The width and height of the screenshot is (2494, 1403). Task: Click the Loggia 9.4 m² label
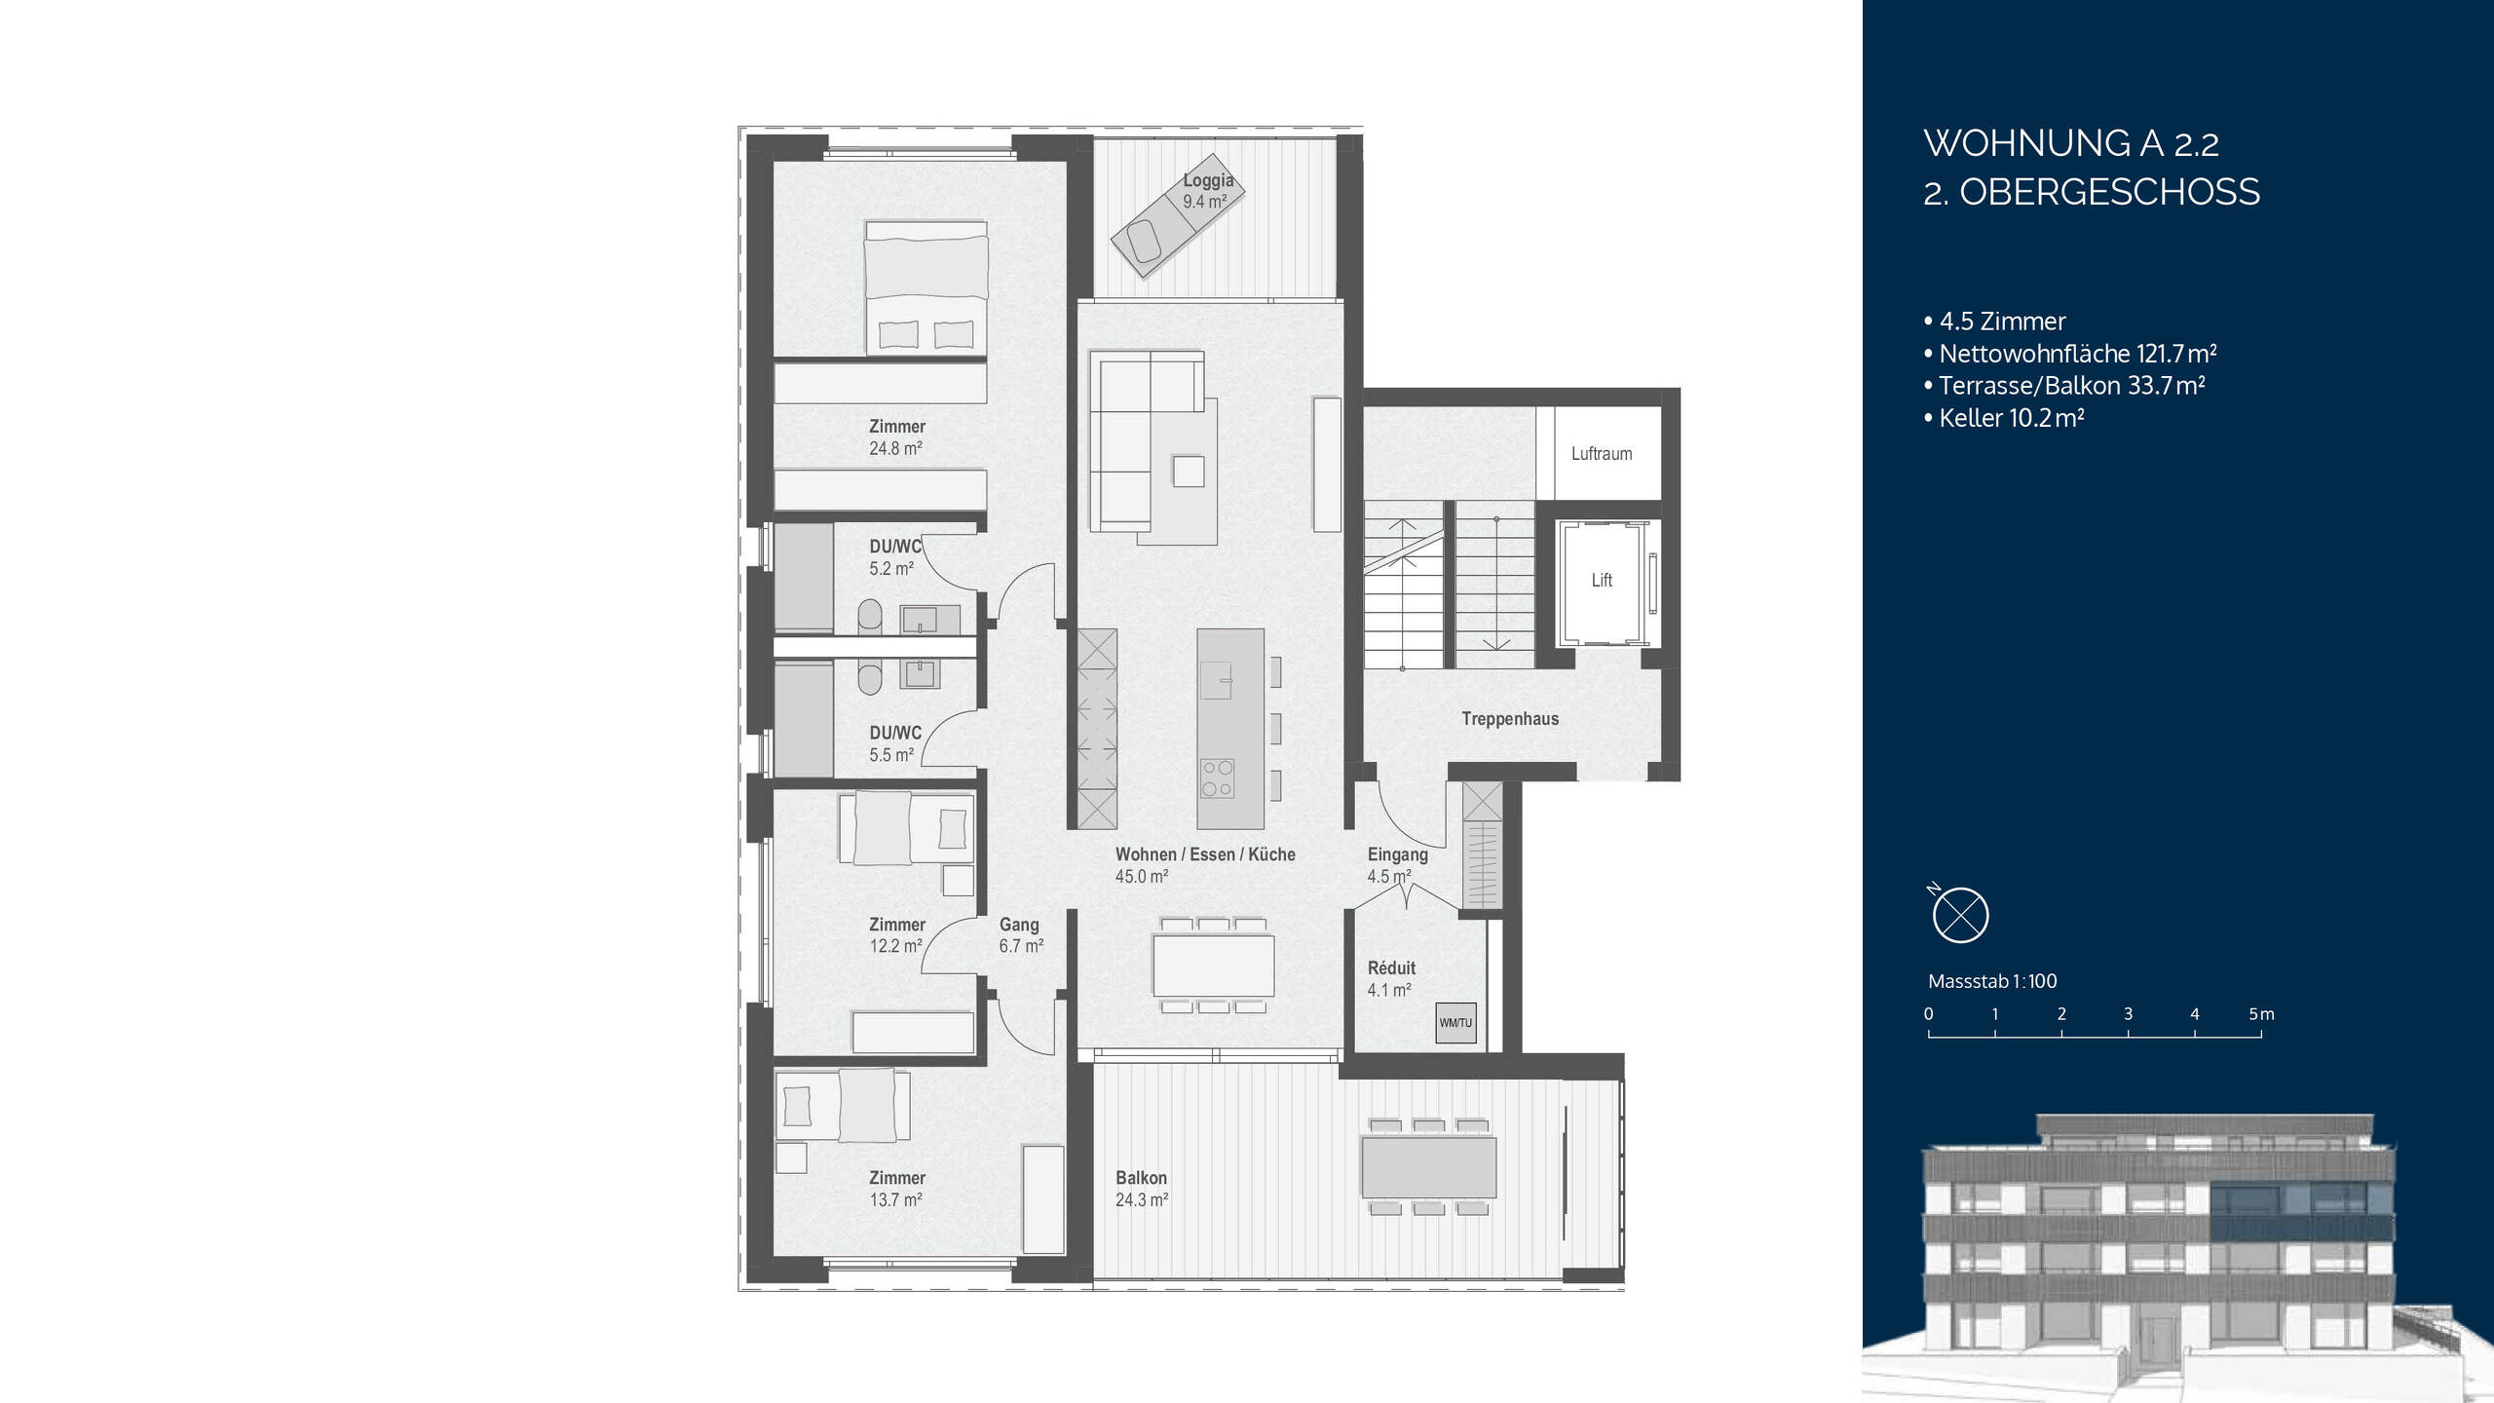pyautogui.click(x=1208, y=191)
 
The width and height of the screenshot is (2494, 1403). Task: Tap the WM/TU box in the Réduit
pyautogui.click(x=1455, y=1023)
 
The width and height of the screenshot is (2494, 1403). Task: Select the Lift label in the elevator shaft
pyautogui.click(x=1602, y=581)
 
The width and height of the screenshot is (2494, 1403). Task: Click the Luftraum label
pyautogui.click(x=1601, y=454)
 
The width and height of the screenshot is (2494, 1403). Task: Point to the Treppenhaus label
pyautogui.click(x=1509, y=719)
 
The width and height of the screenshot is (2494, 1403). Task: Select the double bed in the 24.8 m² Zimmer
pyautogui.click(x=926, y=287)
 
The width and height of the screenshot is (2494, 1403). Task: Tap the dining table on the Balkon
pyautogui.click(x=1428, y=1167)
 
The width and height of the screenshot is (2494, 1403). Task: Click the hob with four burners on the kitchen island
pyautogui.click(x=1217, y=778)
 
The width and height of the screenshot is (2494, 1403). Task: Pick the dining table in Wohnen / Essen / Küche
pyautogui.click(x=1213, y=965)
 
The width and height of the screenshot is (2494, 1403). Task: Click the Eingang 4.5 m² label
pyautogui.click(x=1396, y=864)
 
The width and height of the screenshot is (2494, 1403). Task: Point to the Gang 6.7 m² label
pyautogui.click(x=1020, y=934)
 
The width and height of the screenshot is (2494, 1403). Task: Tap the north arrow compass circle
pyautogui.click(x=1959, y=916)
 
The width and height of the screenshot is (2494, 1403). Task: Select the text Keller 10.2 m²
pyautogui.click(x=2010, y=418)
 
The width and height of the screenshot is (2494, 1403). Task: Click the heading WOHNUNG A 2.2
pyautogui.click(x=2070, y=144)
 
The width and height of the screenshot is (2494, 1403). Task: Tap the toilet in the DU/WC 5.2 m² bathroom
pyautogui.click(x=870, y=617)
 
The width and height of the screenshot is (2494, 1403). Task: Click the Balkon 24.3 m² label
pyautogui.click(x=1141, y=1189)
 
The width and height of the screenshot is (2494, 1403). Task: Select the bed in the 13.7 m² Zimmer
pyautogui.click(x=844, y=1105)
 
